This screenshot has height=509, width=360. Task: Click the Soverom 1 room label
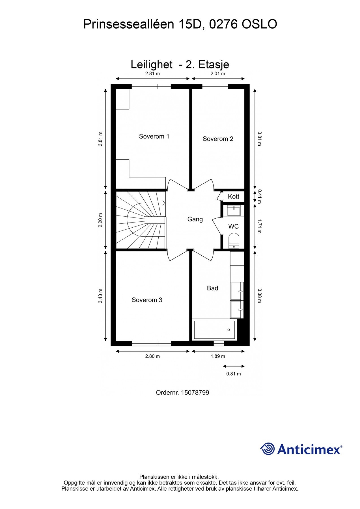(x=154, y=137)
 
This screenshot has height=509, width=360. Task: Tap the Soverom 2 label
(x=218, y=139)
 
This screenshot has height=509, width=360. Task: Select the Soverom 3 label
(x=147, y=300)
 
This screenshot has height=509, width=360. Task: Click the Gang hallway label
(x=195, y=219)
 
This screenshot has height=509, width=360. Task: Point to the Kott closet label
(x=234, y=197)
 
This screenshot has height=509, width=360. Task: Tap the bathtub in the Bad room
(x=214, y=330)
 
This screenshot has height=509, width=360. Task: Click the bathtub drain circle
(x=228, y=330)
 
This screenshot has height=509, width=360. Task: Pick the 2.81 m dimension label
(x=152, y=74)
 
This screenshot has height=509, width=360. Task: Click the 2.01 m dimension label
(x=218, y=74)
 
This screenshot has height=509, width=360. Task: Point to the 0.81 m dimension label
(x=234, y=374)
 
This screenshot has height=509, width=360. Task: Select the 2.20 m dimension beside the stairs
(x=100, y=220)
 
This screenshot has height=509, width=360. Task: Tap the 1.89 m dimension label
(x=218, y=356)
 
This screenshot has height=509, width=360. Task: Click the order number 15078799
(x=195, y=392)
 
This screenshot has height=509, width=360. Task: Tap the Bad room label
(x=212, y=288)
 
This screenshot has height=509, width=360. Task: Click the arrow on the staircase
(x=164, y=202)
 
